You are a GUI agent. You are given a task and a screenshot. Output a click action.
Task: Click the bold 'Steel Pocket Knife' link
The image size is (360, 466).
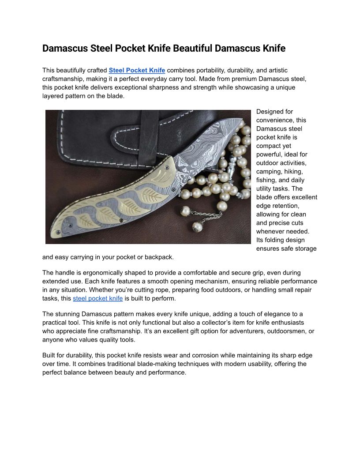pos(137,70)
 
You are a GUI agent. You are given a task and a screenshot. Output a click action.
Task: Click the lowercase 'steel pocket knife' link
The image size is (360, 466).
pos(97,298)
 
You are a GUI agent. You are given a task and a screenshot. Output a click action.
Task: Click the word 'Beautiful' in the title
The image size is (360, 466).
pos(193,49)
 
